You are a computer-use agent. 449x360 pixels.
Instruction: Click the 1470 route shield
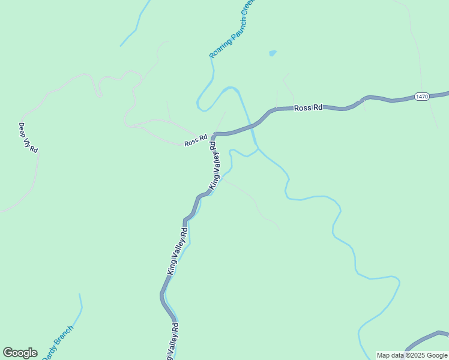click(422, 97)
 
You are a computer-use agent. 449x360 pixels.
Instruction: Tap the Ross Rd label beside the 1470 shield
click(309, 108)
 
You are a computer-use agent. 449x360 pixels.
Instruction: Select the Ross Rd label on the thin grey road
click(195, 142)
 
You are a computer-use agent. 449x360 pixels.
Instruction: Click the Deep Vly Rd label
click(28, 137)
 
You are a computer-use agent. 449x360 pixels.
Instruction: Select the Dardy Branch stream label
click(58, 343)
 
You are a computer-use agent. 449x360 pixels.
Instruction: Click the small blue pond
click(273, 53)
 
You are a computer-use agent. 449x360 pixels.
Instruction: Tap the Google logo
click(20, 353)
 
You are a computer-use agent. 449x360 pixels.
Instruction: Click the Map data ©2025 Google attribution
click(412, 355)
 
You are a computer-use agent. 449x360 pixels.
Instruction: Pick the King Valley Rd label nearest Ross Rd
click(215, 167)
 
